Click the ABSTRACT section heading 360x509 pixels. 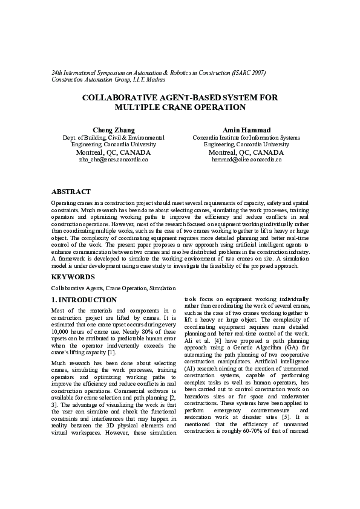pyautogui.click(x=71, y=192)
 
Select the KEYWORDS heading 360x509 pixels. pyautogui.click(x=73, y=277)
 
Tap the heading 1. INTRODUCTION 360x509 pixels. pyautogui.click(x=83, y=300)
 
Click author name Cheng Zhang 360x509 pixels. pyautogui.click(x=113, y=130)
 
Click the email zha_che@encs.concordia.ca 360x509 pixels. pyautogui.click(x=113, y=160)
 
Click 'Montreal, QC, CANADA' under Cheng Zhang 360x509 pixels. pyautogui.click(x=113, y=152)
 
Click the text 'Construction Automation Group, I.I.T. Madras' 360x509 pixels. pyautogui.click(x=108, y=80)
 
